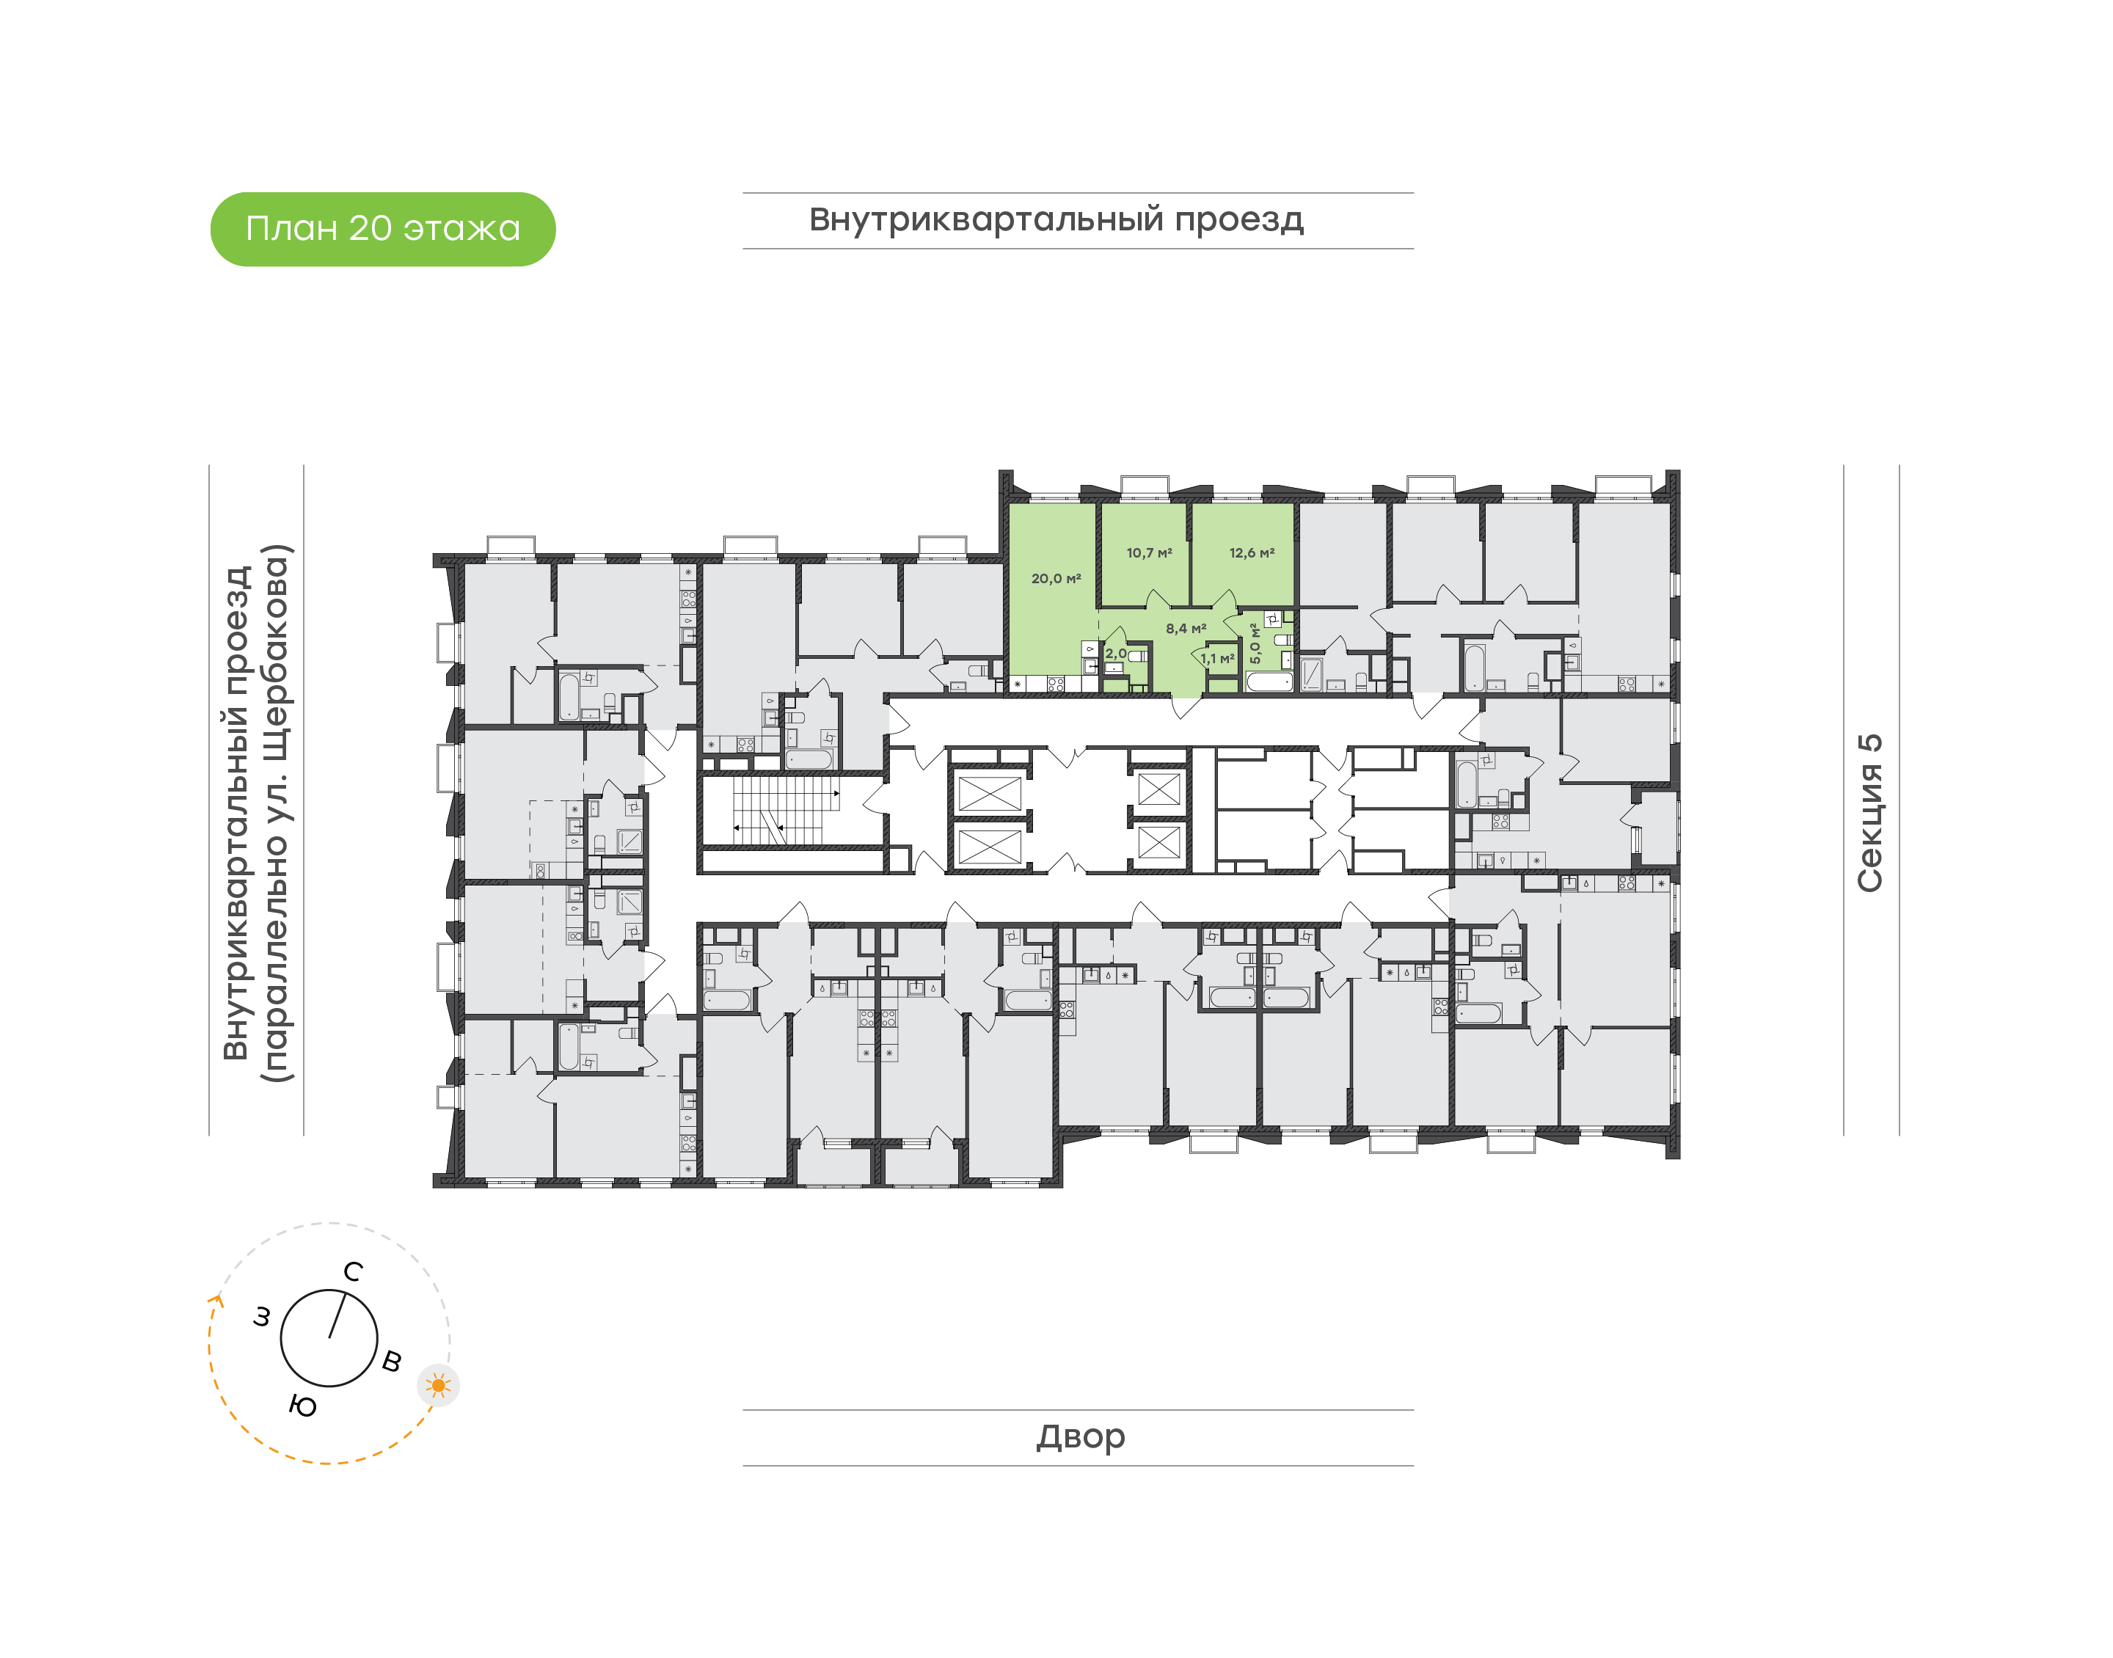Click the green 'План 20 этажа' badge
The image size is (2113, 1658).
coord(382,229)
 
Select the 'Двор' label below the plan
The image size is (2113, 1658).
coord(1080,1436)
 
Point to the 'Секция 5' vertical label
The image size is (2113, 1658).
coord(1869,813)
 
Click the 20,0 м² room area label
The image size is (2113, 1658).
coord(1056,579)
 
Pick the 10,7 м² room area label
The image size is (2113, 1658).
coord(1149,553)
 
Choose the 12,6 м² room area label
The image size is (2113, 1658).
coord(1252,553)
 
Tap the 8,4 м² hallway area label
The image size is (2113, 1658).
coord(1186,629)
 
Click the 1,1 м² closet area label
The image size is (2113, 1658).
coord(1217,659)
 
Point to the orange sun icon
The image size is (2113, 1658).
coord(439,1385)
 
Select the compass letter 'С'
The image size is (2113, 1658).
coord(354,1271)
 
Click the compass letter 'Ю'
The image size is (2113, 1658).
coord(303,1406)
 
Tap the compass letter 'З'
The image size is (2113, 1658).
coord(261,1318)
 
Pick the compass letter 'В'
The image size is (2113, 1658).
coord(392,1361)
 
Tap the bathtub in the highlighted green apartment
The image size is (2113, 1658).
coord(1269,682)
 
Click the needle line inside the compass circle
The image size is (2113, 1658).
coord(337,1315)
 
